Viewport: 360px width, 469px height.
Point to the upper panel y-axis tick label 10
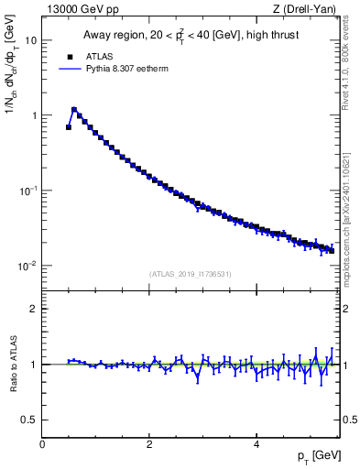tap(30, 41)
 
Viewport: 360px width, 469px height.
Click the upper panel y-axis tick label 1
tap(33, 116)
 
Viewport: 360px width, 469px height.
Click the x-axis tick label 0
tap(42, 444)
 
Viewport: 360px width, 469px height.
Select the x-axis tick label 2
tap(149, 444)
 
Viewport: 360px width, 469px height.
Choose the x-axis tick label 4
tap(256, 444)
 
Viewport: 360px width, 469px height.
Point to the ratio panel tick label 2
tap(33, 309)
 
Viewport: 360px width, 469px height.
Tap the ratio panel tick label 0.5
tap(28, 420)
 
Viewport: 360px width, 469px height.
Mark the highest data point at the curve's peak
tap(74, 110)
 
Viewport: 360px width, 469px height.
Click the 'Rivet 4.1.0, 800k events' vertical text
tap(351, 57)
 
